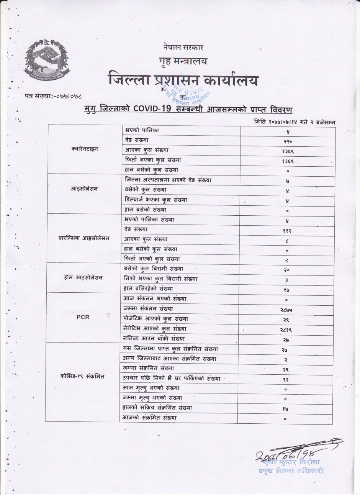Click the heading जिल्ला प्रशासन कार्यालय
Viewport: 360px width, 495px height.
(183, 80)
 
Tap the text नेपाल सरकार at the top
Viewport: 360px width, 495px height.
(183, 48)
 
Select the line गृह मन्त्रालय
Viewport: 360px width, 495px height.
(183, 61)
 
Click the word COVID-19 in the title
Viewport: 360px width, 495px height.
(151, 109)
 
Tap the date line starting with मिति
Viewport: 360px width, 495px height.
(295, 121)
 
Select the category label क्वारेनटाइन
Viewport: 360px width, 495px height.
(85, 149)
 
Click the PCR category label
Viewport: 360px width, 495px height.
(83, 317)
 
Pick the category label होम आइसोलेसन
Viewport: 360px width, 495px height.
(83, 277)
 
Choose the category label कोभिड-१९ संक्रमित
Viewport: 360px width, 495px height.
(82, 376)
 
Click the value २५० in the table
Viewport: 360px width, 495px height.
(288, 141)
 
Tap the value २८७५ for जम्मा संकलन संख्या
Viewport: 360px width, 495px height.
(288, 309)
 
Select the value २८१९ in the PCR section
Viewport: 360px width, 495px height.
(288, 329)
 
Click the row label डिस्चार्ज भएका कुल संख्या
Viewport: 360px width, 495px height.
(156, 200)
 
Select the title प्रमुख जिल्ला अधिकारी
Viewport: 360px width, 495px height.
(291, 470)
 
